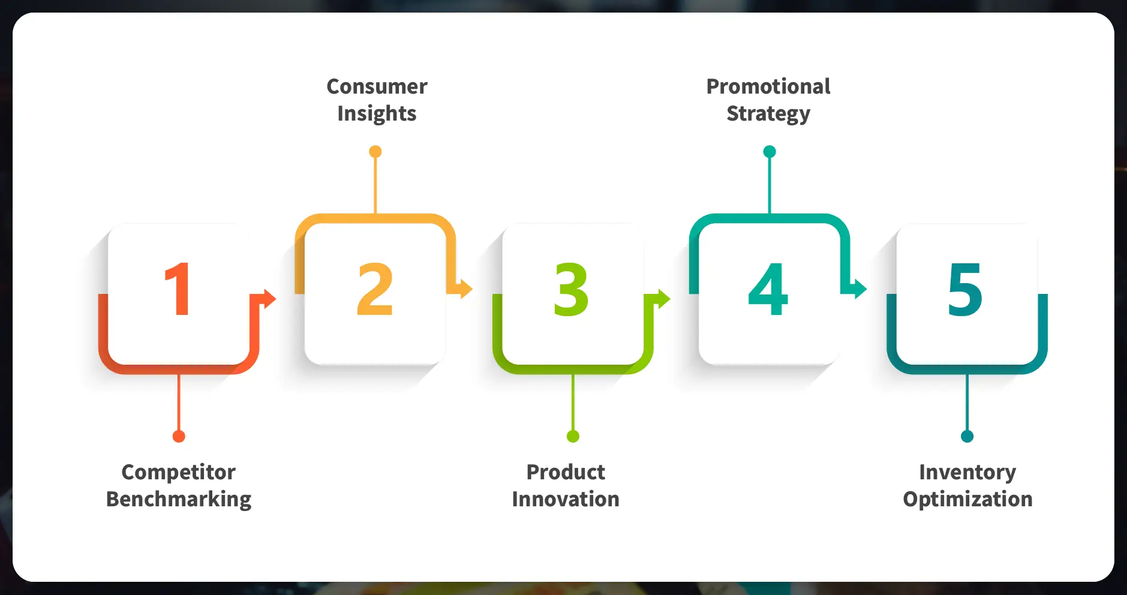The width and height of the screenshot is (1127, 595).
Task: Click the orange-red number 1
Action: (179, 289)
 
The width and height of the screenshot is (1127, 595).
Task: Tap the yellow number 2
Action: (375, 289)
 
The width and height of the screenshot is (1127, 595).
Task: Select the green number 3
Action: (571, 289)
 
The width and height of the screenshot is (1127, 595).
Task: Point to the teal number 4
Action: (768, 289)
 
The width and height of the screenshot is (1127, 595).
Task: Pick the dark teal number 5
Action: (965, 289)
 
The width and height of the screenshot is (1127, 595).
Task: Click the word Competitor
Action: (178, 472)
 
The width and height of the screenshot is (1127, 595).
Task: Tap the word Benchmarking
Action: (178, 500)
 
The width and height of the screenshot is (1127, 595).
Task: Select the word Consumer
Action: (377, 86)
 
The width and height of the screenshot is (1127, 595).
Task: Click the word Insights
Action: (377, 114)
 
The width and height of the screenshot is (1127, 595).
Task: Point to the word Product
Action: (566, 472)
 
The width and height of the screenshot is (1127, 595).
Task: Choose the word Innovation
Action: (566, 499)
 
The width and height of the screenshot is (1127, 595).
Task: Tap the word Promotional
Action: (768, 86)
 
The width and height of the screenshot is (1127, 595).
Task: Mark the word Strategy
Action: (768, 114)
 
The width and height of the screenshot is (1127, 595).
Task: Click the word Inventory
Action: (967, 472)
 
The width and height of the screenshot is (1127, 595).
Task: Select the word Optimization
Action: (967, 500)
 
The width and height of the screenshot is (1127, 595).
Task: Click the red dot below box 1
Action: (179, 436)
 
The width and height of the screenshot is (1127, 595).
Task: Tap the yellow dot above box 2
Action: (375, 152)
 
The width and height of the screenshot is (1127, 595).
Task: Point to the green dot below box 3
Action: (573, 436)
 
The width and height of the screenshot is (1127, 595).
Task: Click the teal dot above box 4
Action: (770, 152)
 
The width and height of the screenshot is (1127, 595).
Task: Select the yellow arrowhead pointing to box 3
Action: (466, 289)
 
